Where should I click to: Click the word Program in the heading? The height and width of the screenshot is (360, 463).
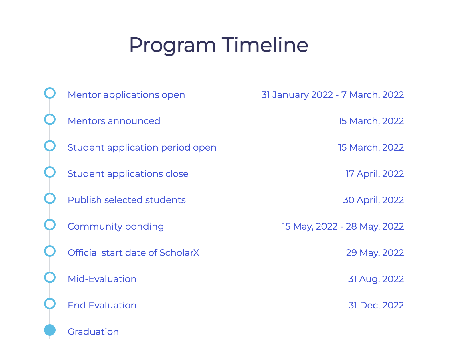172,45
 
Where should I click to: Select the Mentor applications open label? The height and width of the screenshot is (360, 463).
126,95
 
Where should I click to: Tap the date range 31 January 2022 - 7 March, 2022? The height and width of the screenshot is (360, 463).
333,95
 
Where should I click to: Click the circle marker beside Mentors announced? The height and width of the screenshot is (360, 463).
50,119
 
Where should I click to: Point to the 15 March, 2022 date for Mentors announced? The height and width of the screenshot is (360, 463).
371,121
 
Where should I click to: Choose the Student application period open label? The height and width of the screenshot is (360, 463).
142,147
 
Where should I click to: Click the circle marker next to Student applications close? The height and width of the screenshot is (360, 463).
50,172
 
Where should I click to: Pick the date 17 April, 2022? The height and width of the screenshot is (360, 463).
375,174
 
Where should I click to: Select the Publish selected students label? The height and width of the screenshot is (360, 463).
126,200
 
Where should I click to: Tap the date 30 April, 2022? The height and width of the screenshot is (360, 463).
373,200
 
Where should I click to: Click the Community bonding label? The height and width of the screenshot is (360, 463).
116,226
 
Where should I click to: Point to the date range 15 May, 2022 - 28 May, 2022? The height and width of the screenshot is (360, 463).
343,226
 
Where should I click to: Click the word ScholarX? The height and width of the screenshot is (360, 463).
179,253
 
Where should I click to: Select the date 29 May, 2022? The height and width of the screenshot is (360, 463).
375,253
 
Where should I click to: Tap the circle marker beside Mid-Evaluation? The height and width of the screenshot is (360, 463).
50,277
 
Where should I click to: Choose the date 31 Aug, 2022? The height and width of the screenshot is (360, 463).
376,279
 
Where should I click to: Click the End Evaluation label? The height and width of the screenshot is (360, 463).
102,305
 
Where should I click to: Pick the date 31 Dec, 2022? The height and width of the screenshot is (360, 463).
376,305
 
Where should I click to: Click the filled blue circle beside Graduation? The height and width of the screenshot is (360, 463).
50,330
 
